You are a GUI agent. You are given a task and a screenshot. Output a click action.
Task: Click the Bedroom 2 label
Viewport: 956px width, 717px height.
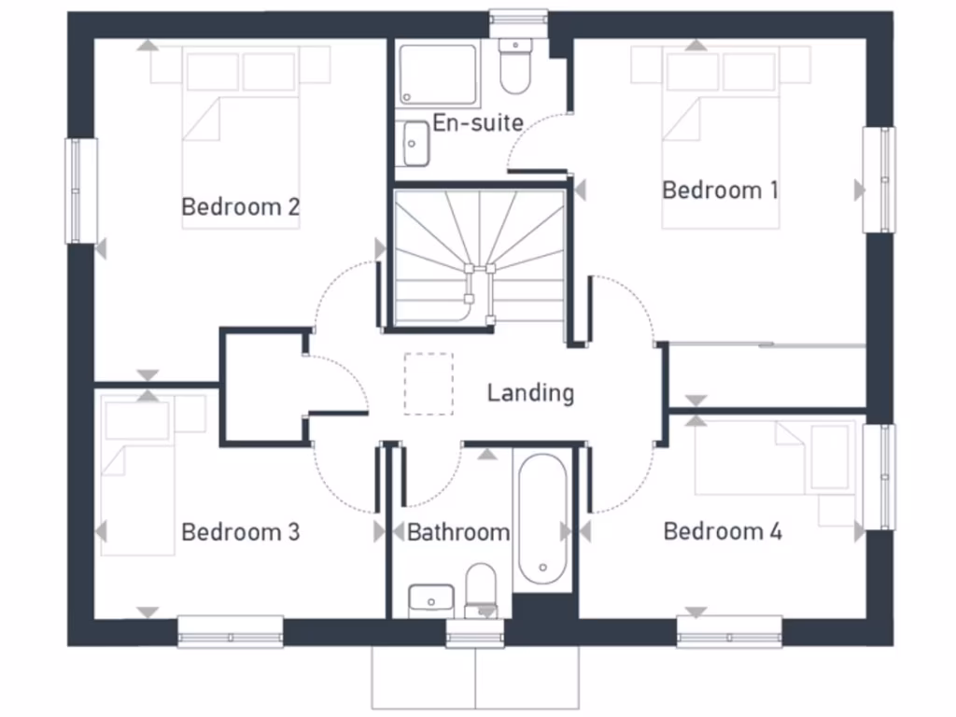(x=240, y=206)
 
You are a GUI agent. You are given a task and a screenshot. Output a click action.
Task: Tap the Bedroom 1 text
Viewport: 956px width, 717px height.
(x=719, y=190)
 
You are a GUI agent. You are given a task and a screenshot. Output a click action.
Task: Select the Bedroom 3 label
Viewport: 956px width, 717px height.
(x=240, y=532)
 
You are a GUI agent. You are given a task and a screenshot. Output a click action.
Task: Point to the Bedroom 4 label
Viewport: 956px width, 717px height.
(x=723, y=531)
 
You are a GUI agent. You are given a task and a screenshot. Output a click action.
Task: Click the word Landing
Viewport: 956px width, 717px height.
(x=530, y=393)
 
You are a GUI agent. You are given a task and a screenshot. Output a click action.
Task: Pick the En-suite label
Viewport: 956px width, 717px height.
(x=477, y=123)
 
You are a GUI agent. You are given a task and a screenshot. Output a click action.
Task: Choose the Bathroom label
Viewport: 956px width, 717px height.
(x=458, y=532)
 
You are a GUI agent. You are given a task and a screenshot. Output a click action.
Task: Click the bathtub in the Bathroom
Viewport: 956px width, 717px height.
(x=541, y=518)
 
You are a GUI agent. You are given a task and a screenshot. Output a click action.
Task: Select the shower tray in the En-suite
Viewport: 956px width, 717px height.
(x=438, y=74)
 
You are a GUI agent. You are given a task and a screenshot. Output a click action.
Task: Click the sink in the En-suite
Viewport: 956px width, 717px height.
(x=415, y=144)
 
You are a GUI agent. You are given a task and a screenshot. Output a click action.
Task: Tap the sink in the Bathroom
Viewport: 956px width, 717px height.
(x=431, y=597)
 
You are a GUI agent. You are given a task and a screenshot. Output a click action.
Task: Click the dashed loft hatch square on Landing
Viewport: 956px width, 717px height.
(x=429, y=383)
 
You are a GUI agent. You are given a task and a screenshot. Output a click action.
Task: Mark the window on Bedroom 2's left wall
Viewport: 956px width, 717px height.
(x=81, y=190)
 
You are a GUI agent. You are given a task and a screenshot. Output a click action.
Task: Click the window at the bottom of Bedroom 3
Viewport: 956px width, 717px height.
(x=231, y=631)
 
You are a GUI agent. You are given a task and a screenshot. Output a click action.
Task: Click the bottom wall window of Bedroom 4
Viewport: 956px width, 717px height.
(x=729, y=631)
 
